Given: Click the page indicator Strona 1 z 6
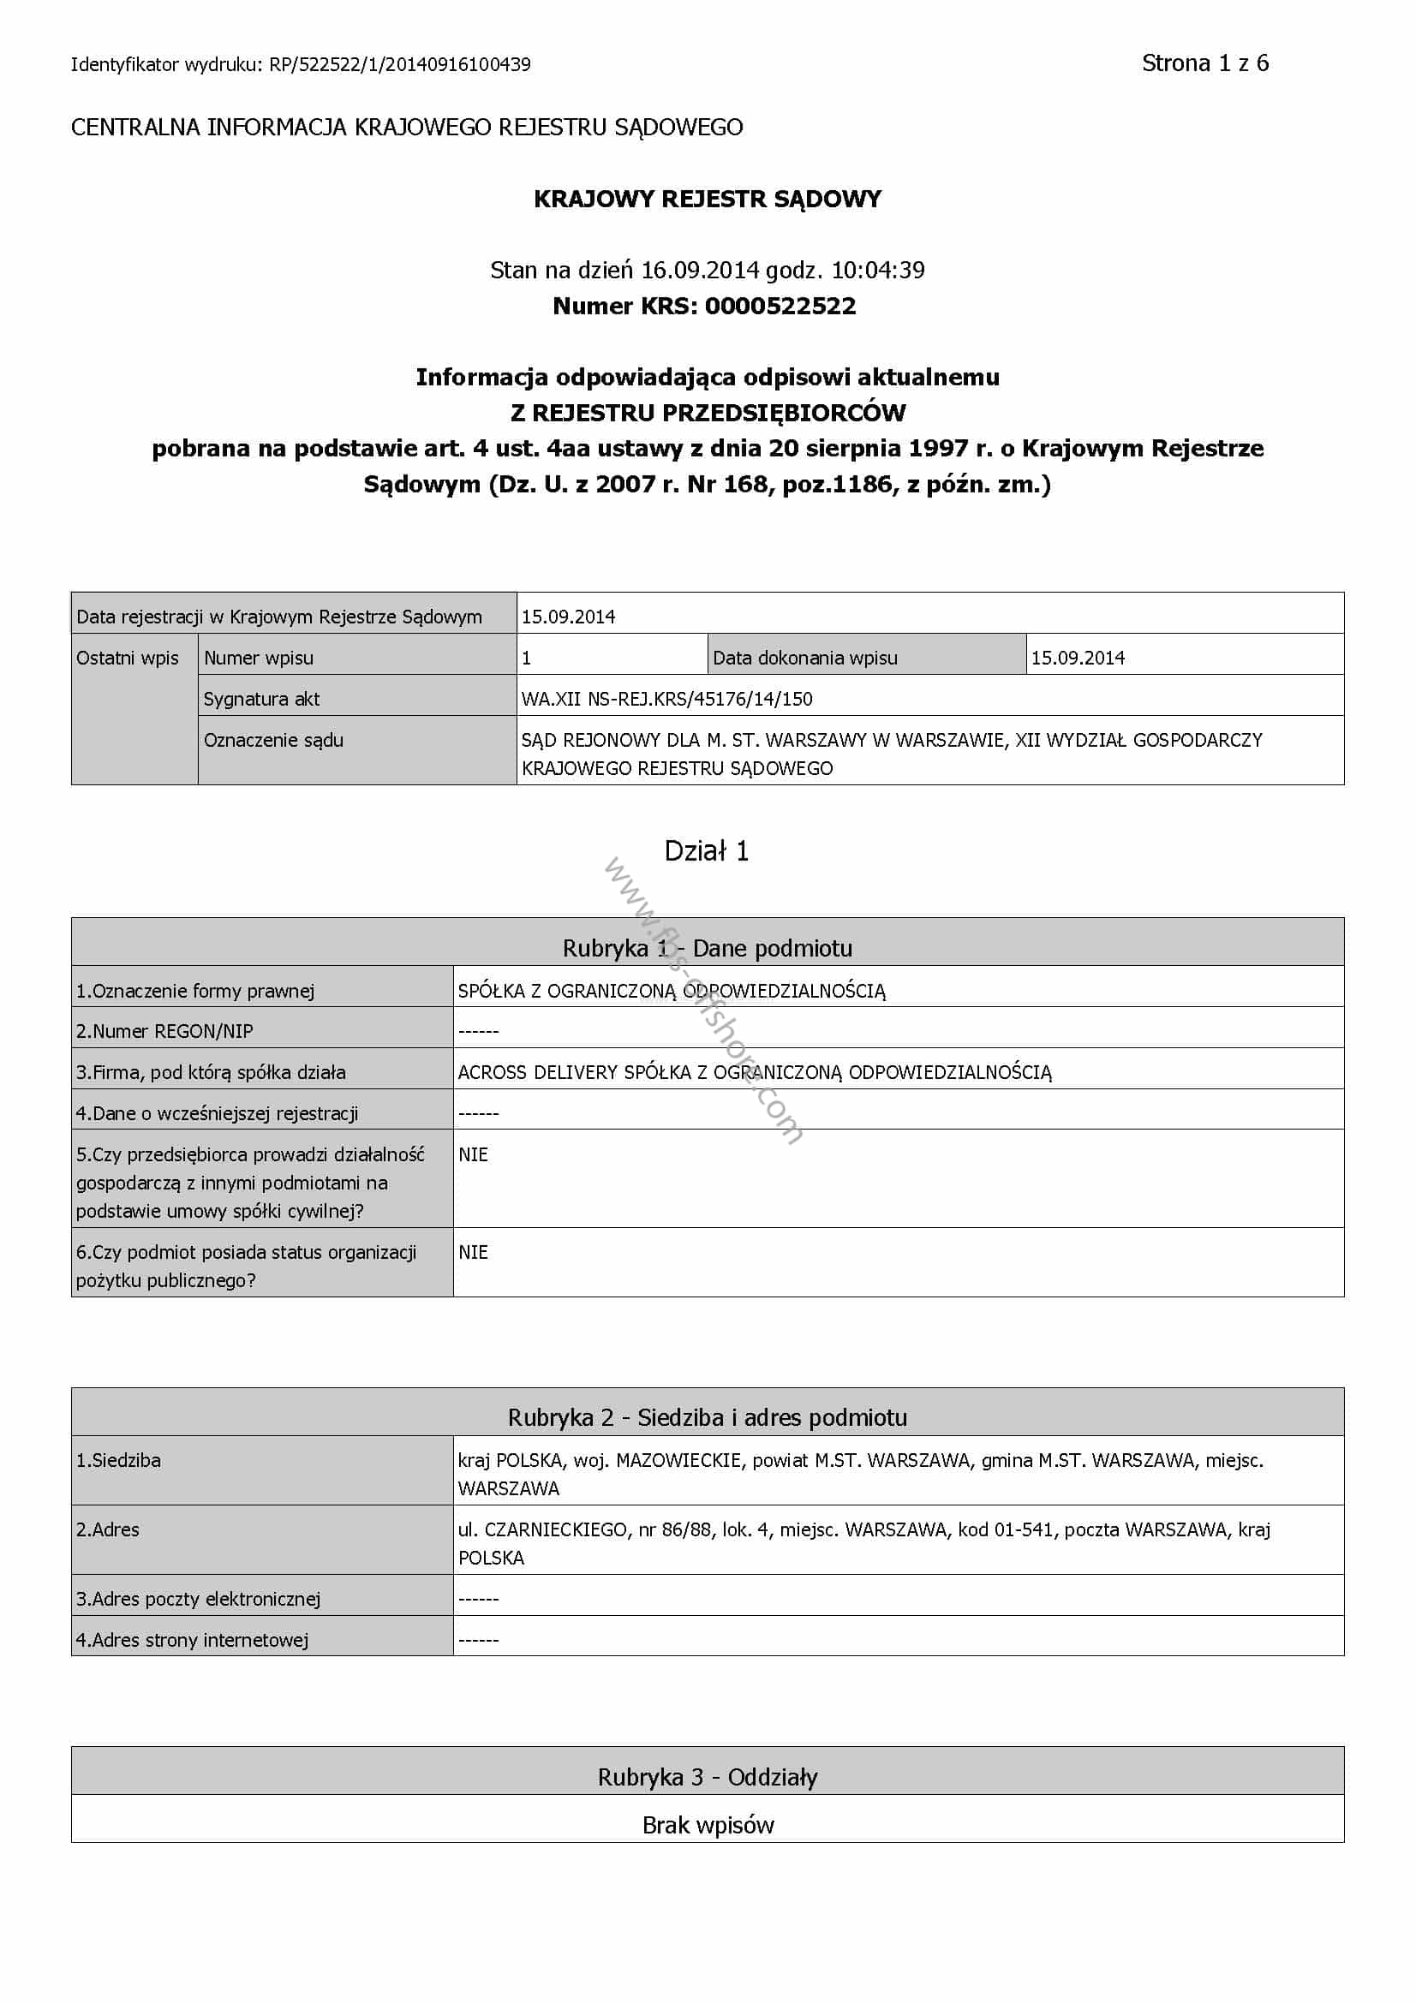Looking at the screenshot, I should (x=1204, y=63).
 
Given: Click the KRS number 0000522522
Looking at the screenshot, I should (x=780, y=307).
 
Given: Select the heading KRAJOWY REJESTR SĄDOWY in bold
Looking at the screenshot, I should (x=707, y=199).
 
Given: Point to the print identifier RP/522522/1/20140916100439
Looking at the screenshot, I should (x=399, y=64).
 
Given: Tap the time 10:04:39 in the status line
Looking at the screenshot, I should (x=878, y=271).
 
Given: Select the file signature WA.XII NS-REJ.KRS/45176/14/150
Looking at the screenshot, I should (x=666, y=699).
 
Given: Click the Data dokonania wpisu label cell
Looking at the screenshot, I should (x=804, y=659).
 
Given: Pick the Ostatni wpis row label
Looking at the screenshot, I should (x=128, y=659).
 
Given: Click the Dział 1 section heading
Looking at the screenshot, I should (x=707, y=851).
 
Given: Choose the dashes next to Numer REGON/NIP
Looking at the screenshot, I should (x=478, y=1031).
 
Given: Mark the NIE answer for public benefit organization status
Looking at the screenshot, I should (x=473, y=1253).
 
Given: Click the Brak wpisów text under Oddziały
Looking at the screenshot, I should (x=707, y=1826).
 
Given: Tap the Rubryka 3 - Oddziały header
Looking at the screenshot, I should (x=707, y=1777).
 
